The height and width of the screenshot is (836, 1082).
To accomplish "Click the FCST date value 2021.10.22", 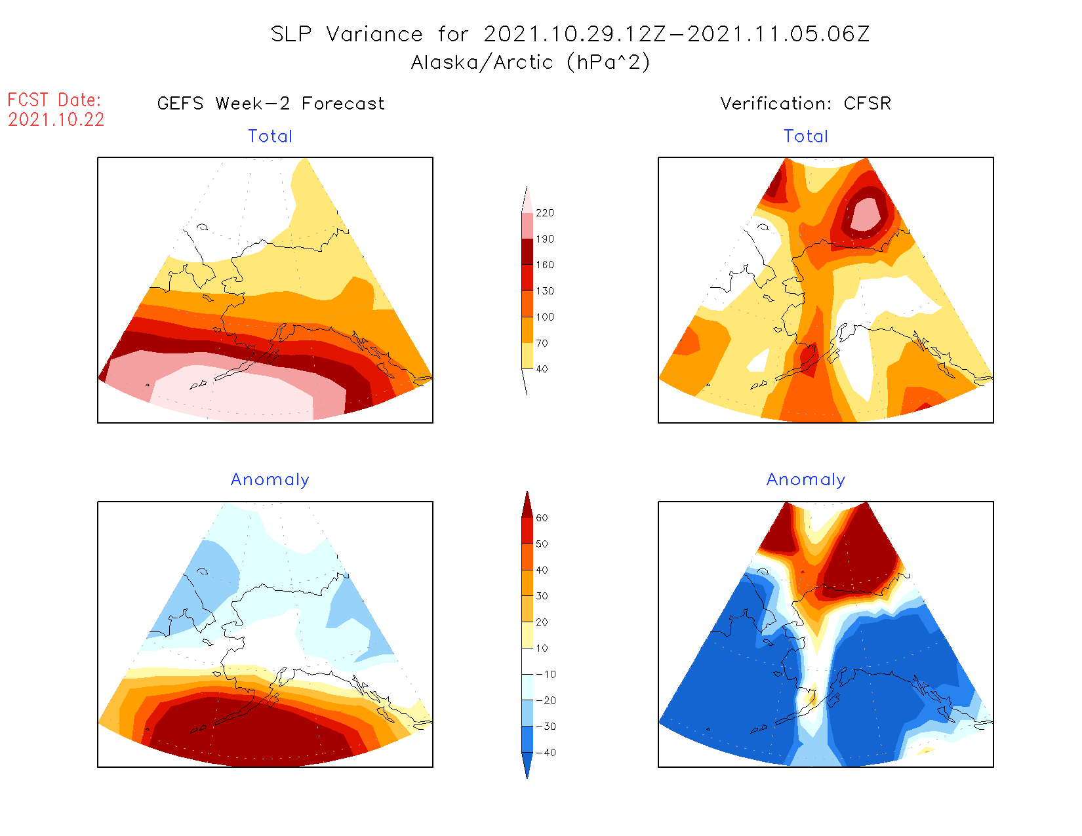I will point(56,119).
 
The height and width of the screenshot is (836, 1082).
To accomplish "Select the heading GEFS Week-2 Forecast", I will point(271,104).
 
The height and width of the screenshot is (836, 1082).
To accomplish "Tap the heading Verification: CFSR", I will point(805,104).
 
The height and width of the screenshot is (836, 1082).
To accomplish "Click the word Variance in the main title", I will point(374,34).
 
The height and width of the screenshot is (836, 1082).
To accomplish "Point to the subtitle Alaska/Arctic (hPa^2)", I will point(531,62).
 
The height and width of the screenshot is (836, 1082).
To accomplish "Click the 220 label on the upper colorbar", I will point(544,213).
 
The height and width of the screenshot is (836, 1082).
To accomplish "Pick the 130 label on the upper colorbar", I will point(544,291).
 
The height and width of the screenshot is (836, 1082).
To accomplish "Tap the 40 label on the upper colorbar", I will point(542,369).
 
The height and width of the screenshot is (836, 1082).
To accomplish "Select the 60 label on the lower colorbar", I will point(542,518).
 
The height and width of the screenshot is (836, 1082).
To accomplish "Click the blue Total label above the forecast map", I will point(270,136).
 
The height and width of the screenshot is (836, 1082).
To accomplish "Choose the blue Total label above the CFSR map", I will point(806,136).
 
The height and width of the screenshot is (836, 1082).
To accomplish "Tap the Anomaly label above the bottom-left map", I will point(270,480).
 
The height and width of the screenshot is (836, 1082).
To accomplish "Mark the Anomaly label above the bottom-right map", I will point(806,480).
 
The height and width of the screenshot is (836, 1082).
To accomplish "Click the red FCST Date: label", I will point(54,100).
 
